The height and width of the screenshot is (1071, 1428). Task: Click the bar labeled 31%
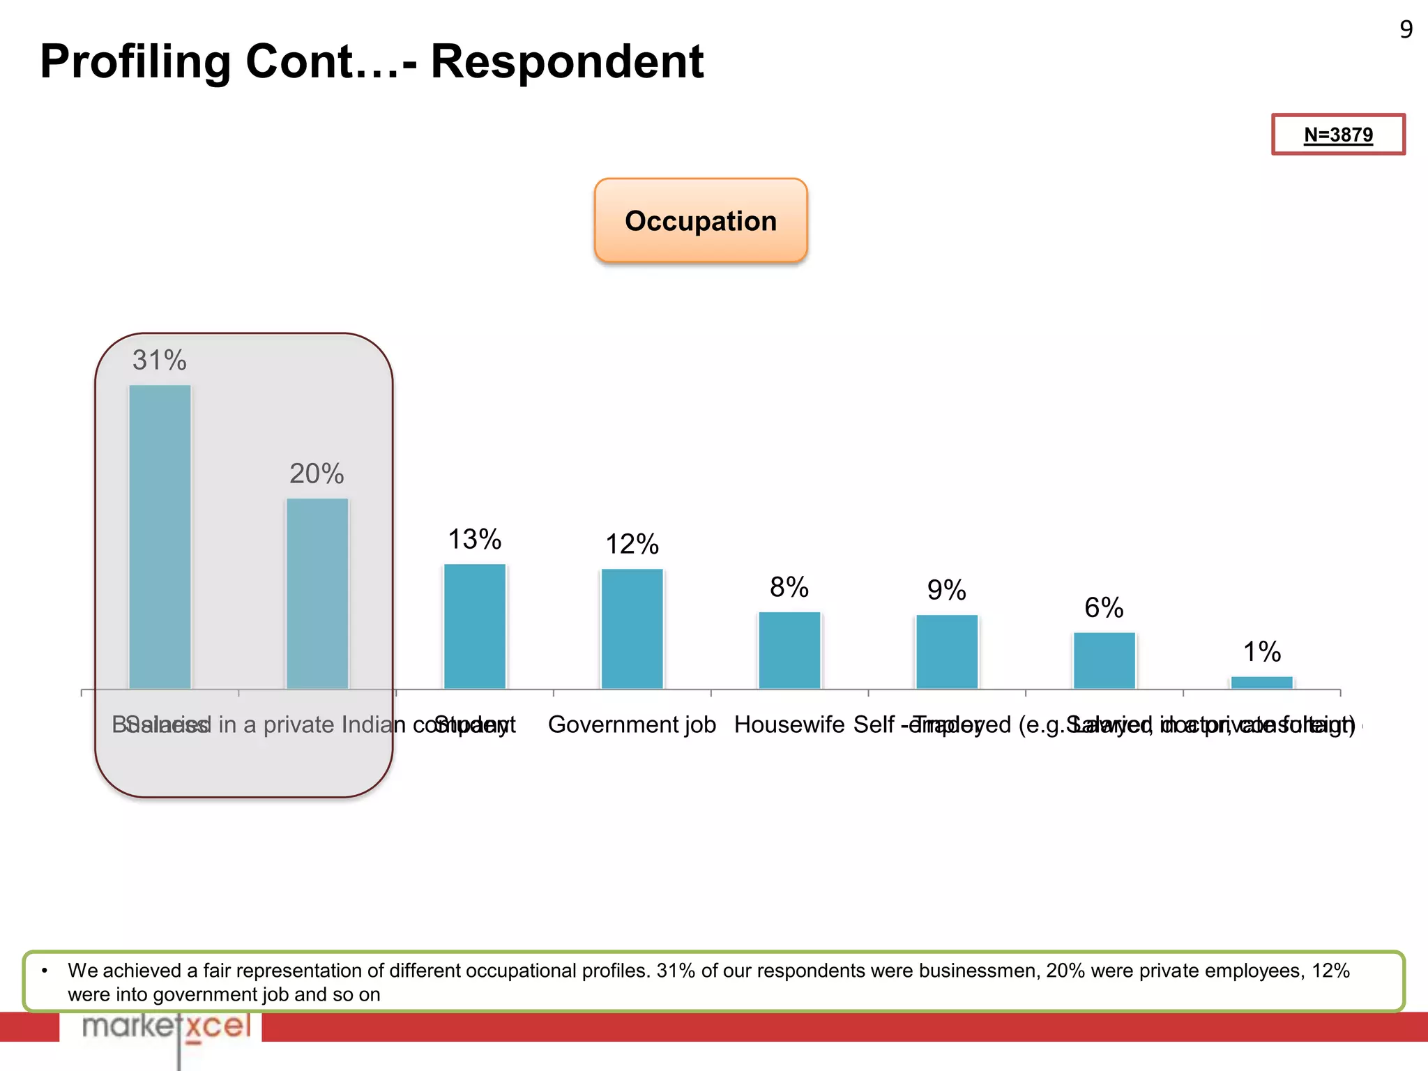[x=160, y=537]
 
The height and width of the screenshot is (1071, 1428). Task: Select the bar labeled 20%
[x=317, y=593]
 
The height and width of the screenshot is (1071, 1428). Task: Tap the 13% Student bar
[x=475, y=626]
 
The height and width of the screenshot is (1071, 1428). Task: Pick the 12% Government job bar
[x=632, y=629]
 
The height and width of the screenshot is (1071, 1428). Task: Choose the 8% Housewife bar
[x=789, y=651]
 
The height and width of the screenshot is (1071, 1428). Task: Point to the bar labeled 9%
[x=947, y=652]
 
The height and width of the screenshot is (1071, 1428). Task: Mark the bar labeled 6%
[x=1104, y=660]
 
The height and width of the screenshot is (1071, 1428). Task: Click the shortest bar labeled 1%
[x=1261, y=683]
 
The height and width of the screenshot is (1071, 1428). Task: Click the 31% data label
[x=160, y=360]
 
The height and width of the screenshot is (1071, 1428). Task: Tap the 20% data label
[x=317, y=474]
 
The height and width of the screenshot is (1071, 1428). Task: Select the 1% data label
[x=1261, y=652]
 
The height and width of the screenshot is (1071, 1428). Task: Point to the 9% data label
[x=947, y=591]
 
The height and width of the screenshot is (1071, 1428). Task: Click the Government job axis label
[x=632, y=725]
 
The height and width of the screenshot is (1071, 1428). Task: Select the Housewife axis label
[x=789, y=725]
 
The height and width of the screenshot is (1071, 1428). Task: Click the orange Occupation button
[x=701, y=221]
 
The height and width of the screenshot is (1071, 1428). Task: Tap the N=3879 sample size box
[x=1338, y=135]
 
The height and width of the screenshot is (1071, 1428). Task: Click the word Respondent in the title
[x=567, y=61]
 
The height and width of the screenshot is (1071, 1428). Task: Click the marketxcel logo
[x=166, y=1027]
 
